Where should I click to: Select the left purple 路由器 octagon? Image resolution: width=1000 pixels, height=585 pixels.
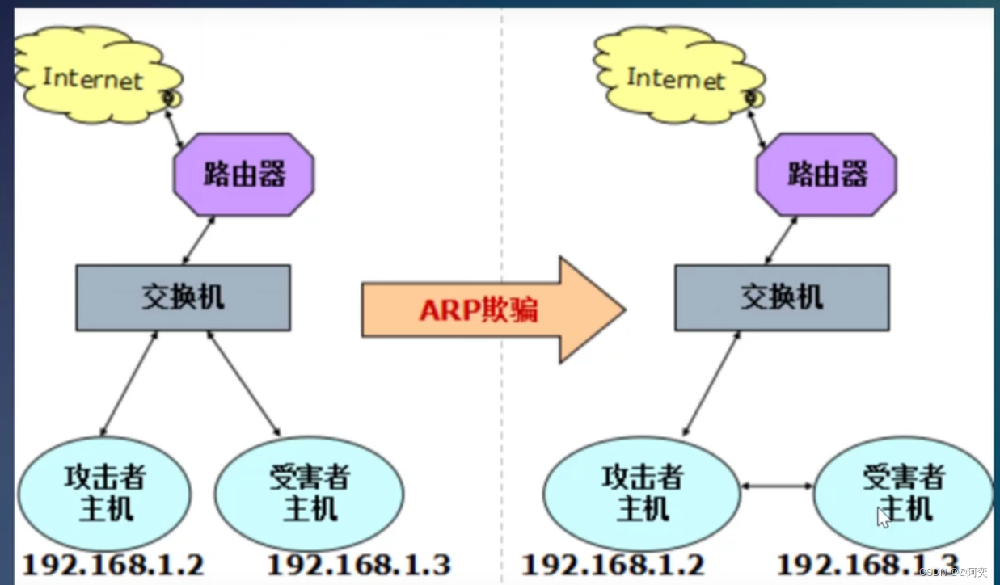pos(244,174)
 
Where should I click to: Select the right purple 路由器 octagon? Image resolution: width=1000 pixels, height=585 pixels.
pos(826,174)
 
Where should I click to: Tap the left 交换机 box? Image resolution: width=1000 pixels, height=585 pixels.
pos(184,298)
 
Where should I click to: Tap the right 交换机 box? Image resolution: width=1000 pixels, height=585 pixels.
pos(782,298)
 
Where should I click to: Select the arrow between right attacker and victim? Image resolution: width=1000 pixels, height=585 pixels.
pos(778,486)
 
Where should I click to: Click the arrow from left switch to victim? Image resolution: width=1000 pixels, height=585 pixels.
pos(243,382)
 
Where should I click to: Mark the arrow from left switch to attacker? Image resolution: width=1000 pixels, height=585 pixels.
pos(129,382)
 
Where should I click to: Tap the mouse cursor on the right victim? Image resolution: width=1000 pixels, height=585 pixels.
pos(884,517)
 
